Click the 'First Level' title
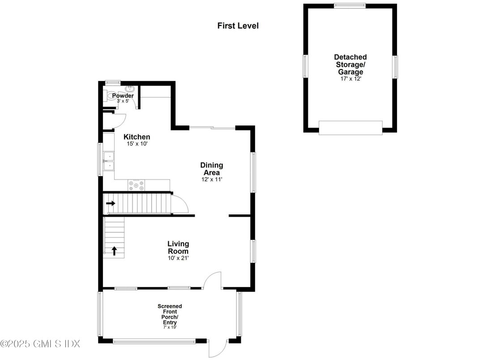(238, 26)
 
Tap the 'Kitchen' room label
(137, 137)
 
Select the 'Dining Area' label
(211, 169)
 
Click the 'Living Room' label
(178, 247)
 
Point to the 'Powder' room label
(123, 96)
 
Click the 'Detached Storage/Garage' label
(350, 64)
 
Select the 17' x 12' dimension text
(350, 79)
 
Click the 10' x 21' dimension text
(178, 258)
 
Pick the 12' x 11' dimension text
(211, 180)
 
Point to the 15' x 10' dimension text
(137, 144)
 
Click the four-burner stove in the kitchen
(137, 183)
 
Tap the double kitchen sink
(109, 161)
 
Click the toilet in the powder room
(110, 96)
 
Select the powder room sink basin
(129, 89)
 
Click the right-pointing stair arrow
(111, 203)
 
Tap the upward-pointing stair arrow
(115, 251)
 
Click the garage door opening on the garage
(350, 128)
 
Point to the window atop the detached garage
(350, 5)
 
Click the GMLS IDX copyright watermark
(40, 344)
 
